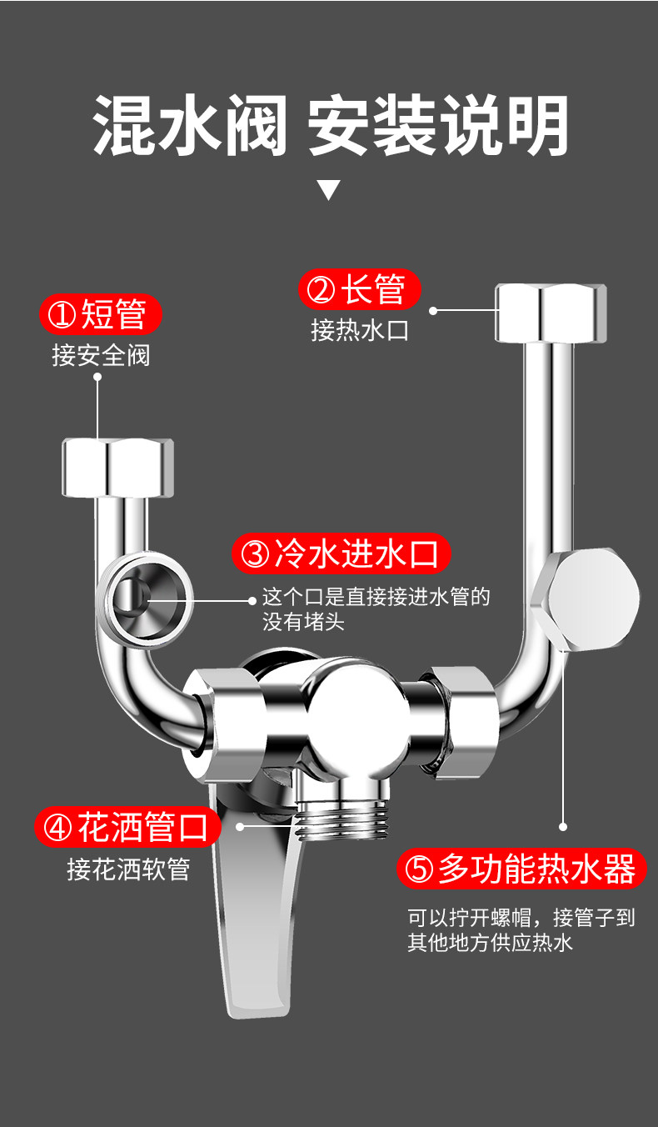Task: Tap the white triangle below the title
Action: (329, 190)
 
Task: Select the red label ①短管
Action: (100, 315)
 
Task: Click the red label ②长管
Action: (359, 290)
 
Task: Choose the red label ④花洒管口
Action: (128, 828)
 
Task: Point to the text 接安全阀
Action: (101, 356)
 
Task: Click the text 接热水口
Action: (360, 330)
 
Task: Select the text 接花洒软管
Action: (128, 869)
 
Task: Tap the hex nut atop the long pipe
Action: (551, 312)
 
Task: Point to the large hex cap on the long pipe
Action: (589, 599)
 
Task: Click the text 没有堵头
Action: (303, 622)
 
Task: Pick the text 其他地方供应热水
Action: (491, 943)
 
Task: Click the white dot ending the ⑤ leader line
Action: (563, 827)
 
